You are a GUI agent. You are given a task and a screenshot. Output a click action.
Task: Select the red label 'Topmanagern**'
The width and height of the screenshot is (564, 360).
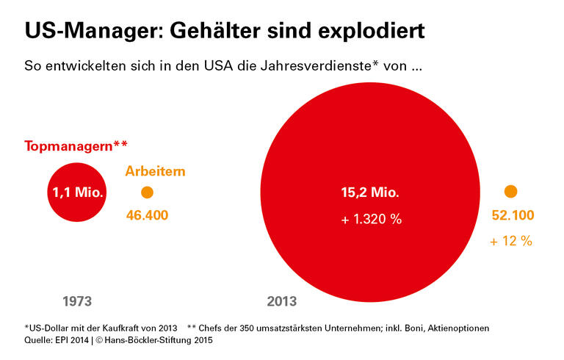[x=76, y=145]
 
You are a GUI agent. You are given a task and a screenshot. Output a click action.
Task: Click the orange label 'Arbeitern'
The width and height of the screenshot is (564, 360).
[x=155, y=171]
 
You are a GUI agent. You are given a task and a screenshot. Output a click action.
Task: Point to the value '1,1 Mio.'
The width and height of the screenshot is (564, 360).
[x=78, y=192]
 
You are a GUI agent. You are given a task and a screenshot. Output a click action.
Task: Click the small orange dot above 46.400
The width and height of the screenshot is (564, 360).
[x=147, y=192]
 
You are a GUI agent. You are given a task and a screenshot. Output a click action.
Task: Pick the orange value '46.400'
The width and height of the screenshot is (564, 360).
[x=147, y=215]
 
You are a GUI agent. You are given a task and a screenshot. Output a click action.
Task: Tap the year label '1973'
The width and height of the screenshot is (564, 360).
[x=77, y=301]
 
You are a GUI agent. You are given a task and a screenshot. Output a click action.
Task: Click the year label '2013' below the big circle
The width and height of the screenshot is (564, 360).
[x=282, y=301]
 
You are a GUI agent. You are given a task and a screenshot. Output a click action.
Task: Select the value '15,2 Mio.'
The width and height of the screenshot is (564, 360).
[x=370, y=194]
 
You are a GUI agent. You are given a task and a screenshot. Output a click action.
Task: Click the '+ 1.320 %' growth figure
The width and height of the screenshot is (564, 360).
[x=371, y=220]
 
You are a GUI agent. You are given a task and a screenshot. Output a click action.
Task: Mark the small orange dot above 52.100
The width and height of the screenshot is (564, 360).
[x=511, y=192]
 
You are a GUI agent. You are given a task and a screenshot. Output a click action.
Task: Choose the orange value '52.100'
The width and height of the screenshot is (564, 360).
[x=512, y=216]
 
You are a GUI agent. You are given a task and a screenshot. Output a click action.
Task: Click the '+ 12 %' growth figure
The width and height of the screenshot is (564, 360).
[x=511, y=241]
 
